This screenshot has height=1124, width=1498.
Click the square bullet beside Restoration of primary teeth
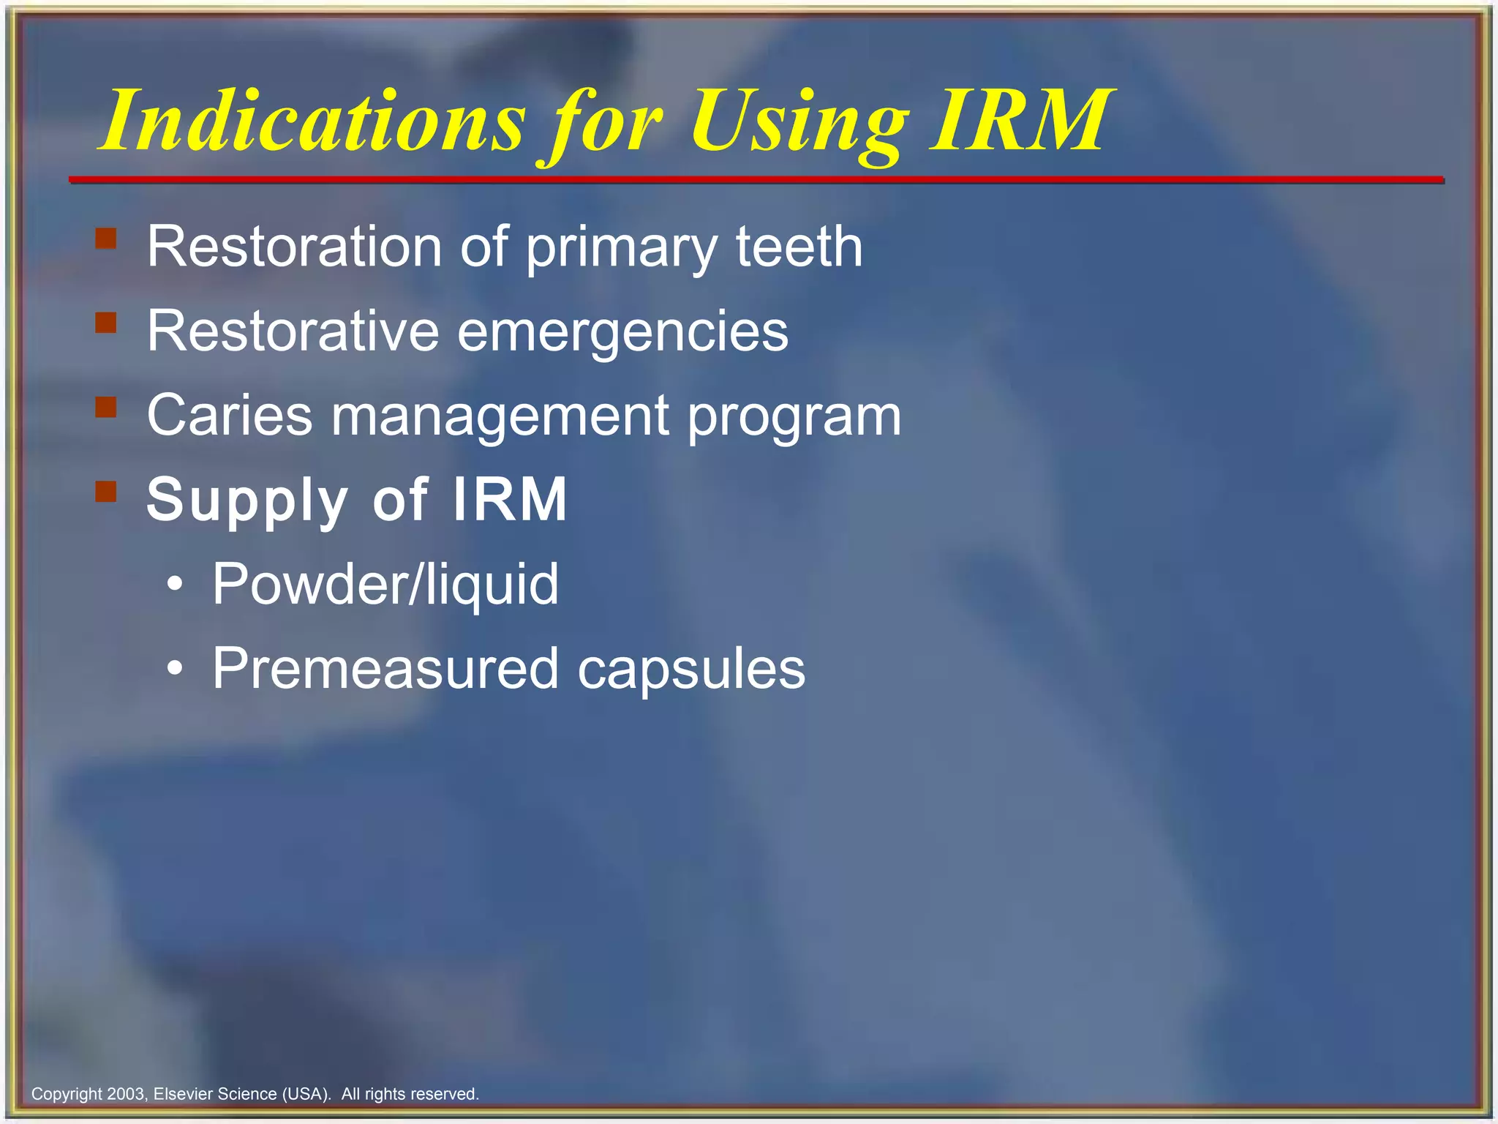pyautogui.click(x=106, y=239)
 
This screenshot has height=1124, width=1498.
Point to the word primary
pyautogui.click(x=622, y=249)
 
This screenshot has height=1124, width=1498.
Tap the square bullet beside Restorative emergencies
pyautogui.click(x=106, y=323)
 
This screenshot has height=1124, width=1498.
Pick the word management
pyautogui.click(x=500, y=417)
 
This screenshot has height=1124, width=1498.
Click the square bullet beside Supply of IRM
pyautogui.click(x=106, y=491)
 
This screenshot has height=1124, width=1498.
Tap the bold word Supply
pyautogui.click(x=246, y=501)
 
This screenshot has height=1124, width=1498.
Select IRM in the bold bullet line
pyautogui.click(x=509, y=499)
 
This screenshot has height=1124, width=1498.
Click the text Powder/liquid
pyautogui.click(x=385, y=585)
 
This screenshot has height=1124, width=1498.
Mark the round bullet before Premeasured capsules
pyautogui.click(x=174, y=668)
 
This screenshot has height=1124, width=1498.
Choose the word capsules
pyautogui.click(x=691, y=670)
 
